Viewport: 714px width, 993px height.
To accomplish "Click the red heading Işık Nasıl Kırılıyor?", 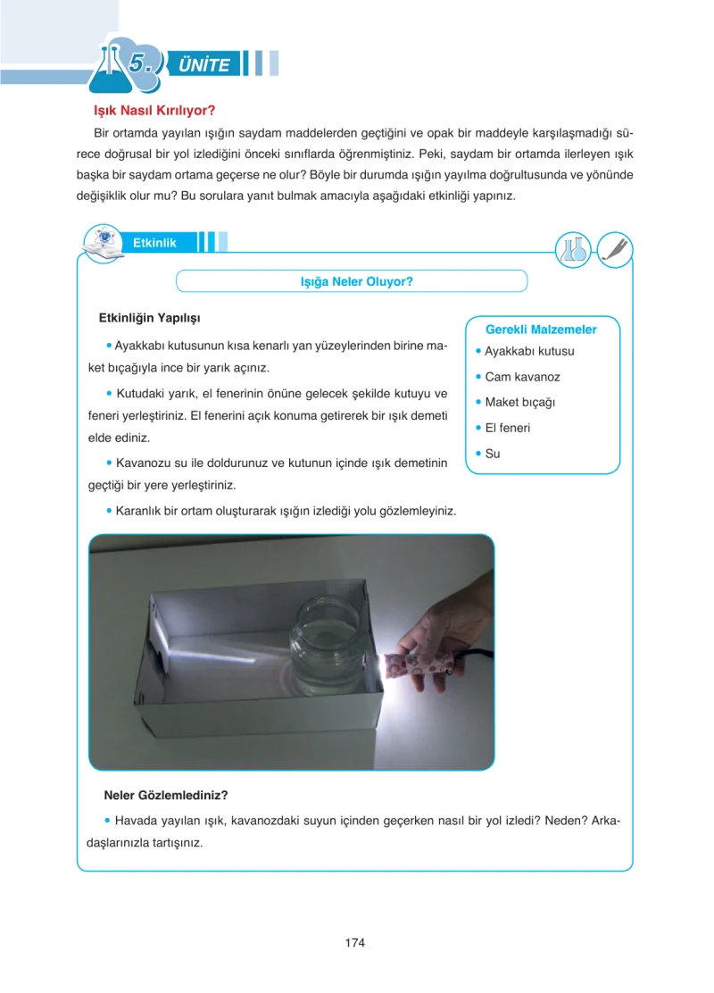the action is click(x=154, y=110).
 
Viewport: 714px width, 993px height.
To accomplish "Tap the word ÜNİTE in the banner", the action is click(x=203, y=64).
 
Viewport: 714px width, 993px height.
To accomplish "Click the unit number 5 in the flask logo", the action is click(x=139, y=63).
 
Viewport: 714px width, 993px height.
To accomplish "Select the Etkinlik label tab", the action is click(x=154, y=243).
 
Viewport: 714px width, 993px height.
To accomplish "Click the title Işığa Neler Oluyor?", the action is click(x=356, y=282).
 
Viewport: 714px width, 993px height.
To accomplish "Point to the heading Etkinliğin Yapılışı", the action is click(x=149, y=318).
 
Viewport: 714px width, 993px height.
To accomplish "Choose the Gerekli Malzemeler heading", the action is click(x=541, y=330).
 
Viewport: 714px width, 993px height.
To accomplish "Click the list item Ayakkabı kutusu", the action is click(x=529, y=352).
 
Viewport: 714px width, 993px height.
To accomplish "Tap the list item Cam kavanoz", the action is click(x=522, y=377).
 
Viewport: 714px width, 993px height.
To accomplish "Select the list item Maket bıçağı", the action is click(x=519, y=402).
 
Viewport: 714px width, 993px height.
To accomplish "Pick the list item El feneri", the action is click(x=508, y=428).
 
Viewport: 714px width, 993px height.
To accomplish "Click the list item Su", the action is click(x=493, y=454).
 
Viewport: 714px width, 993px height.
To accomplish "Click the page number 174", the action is click(x=355, y=942).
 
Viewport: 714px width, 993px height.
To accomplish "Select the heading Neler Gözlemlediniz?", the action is click(x=166, y=796).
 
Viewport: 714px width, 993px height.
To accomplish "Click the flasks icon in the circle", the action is click(x=574, y=249).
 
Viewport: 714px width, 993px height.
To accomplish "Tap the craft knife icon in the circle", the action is click(x=615, y=249).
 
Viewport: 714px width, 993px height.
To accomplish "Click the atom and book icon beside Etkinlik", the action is click(x=104, y=244).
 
